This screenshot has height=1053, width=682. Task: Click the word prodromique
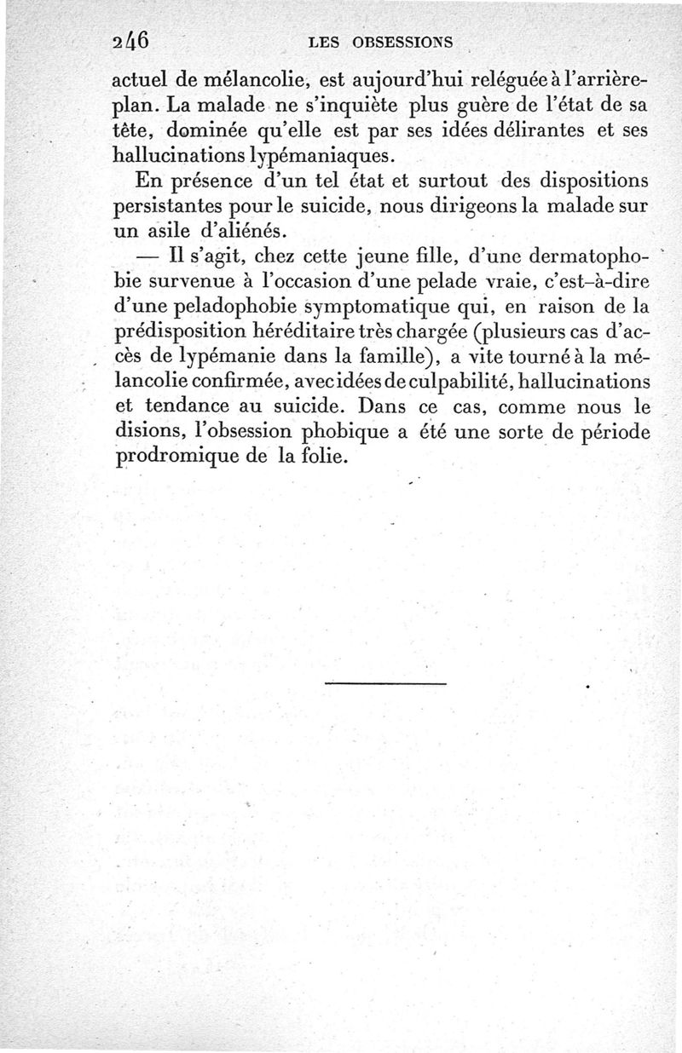[177, 457]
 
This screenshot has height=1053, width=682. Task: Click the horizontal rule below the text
[386, 682]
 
